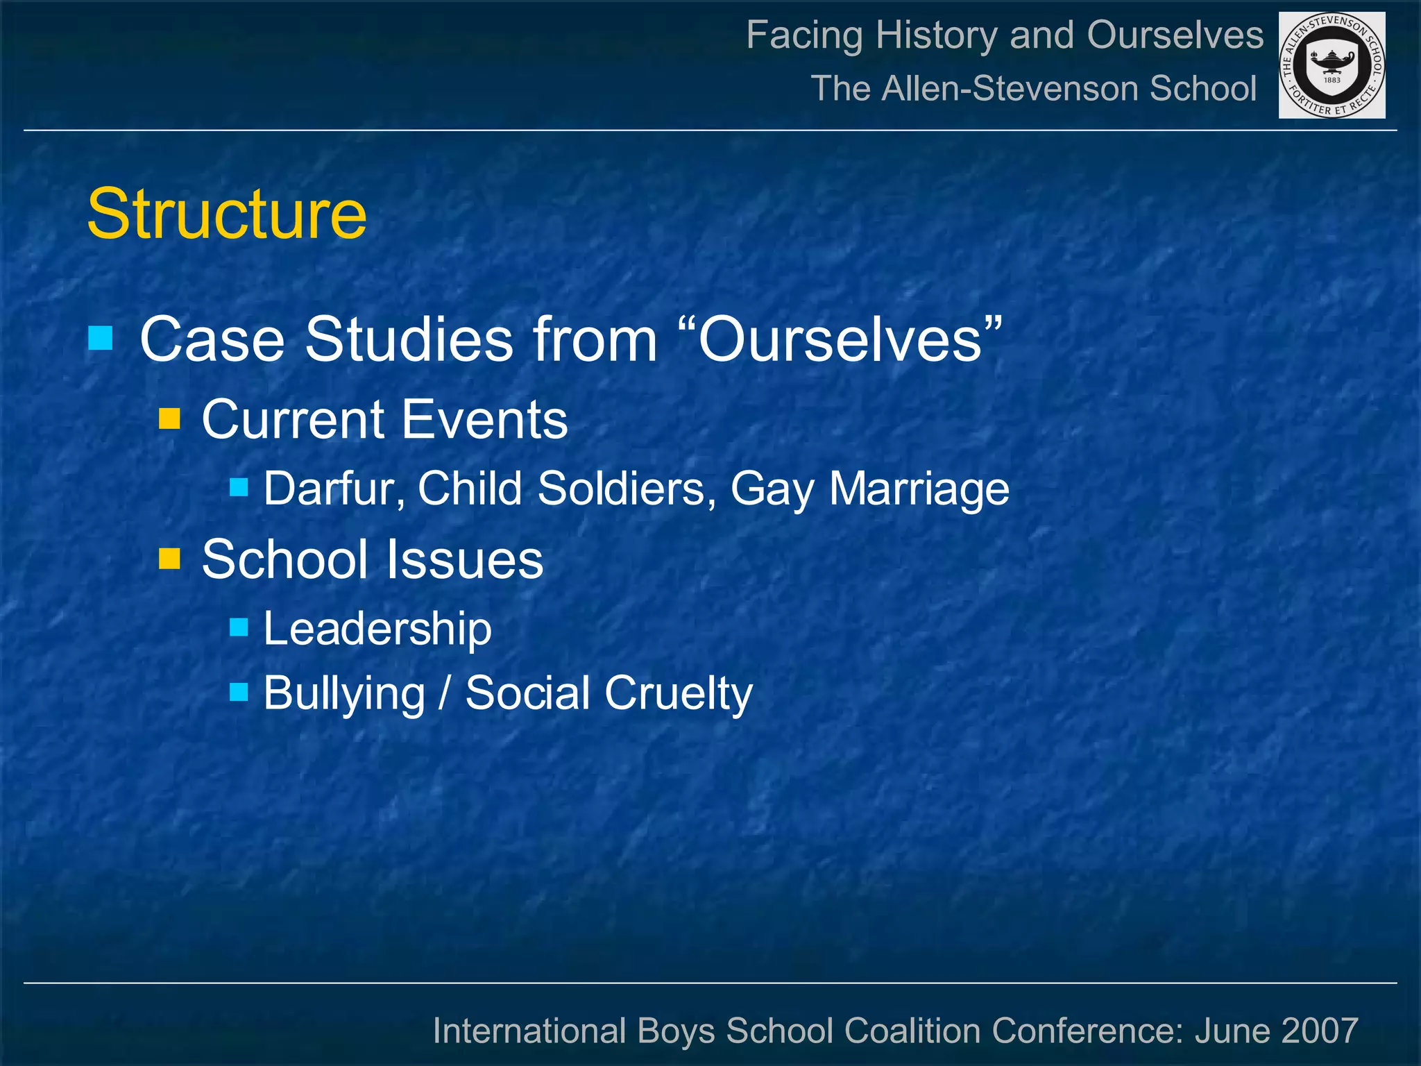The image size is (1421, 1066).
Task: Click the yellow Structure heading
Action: pos(227,214)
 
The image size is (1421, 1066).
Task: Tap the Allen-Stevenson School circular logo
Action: pos(1331,65)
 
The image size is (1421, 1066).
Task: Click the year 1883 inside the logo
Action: pos(1332,80)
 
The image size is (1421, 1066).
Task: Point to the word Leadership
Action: pos(377,629)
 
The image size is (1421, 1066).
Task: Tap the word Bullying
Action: pos(344,693)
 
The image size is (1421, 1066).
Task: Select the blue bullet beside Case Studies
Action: pos(101,338)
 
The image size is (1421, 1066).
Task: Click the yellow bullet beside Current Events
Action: pos(169,418)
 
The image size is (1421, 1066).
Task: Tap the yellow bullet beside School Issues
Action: pos(169,559)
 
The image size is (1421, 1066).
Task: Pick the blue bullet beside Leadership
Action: pos(239,627)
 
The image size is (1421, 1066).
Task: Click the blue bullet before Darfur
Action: pos(239,487)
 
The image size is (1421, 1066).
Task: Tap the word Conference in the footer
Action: pos(1087,1031)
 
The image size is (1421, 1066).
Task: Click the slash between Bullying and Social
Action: pos(444,693)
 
